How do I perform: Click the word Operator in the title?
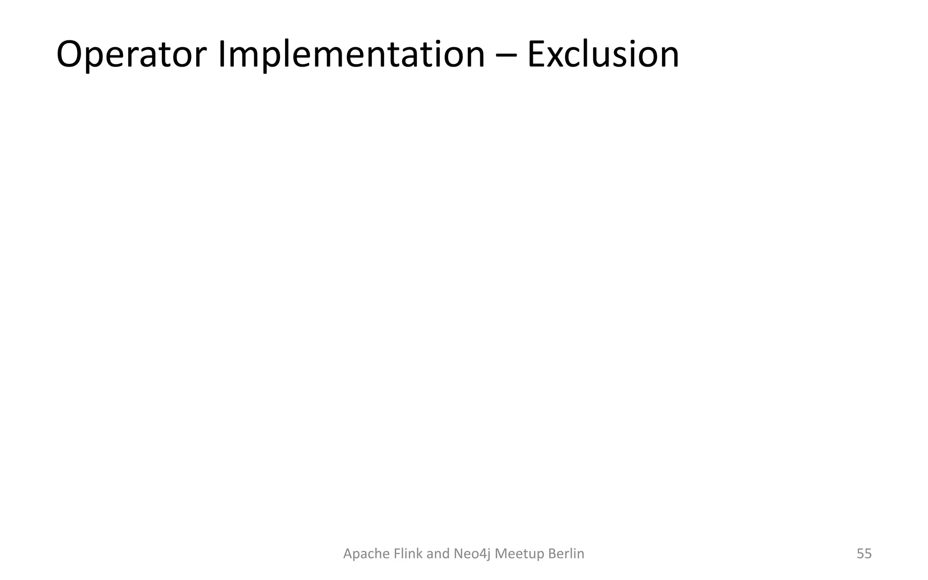click(131, 55)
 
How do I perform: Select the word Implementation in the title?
click(351, 55)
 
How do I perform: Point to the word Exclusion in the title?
click(603, 55)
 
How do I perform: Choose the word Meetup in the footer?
click(520, 554)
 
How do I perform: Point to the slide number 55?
click(864, 554)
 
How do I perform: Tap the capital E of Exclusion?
click(536, 55)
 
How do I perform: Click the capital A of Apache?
click(348, 554)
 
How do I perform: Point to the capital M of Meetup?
click(501, 554)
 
